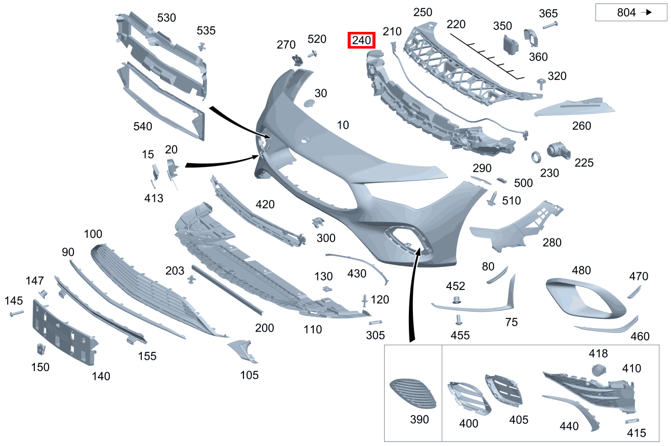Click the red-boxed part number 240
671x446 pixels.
click(x=361, y=40)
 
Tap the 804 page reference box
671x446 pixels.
click(x=631, y=12)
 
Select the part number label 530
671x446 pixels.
click(x=166, y=18)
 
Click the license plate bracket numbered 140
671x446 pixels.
click(x=64, y=333)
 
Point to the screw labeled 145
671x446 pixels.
click(x=17, y=313)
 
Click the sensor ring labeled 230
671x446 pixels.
click(x=536, y=157)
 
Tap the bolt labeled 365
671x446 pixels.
click(x=550, y=25)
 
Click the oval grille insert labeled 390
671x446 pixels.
click(x=413, y=393)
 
